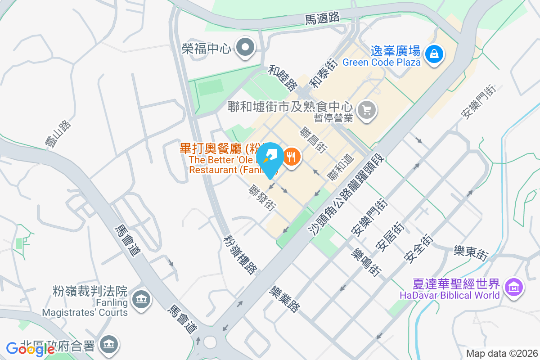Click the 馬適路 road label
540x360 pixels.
322,18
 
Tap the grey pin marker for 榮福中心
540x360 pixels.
246,47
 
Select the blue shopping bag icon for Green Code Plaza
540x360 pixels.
434,54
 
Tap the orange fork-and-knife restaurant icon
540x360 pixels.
292,157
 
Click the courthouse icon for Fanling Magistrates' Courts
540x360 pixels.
141,299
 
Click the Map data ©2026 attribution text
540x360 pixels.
502,353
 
